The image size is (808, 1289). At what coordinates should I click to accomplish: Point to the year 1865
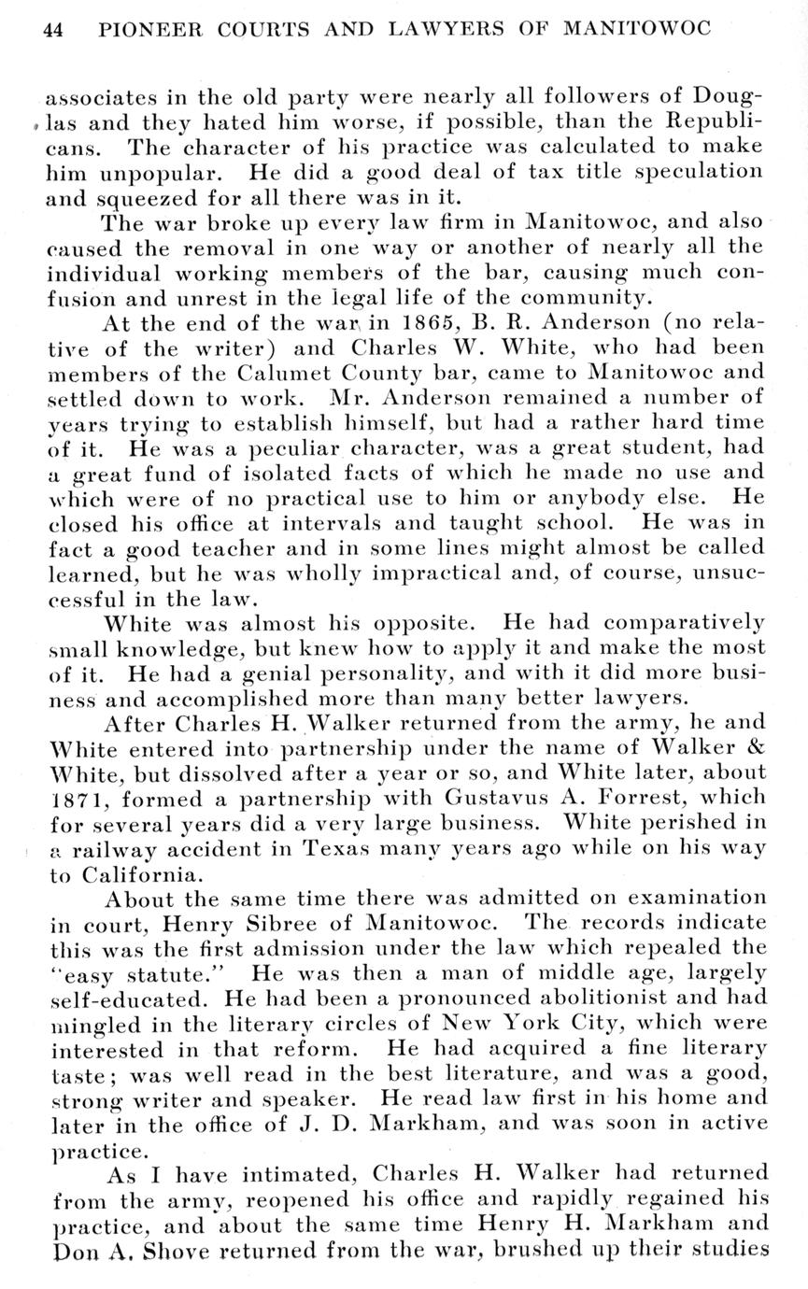point(401,322)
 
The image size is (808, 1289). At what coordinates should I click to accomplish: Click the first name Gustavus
point(487,799)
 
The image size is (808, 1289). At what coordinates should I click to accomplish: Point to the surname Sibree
point(244,923)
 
